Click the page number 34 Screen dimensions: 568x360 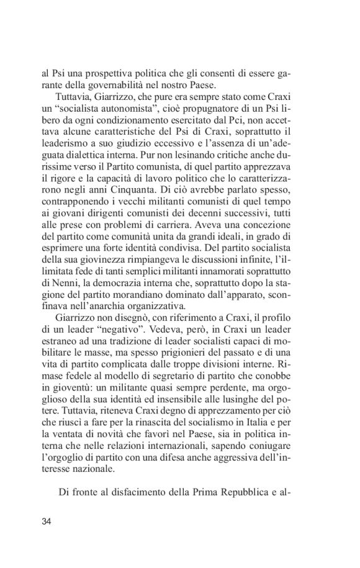(46, 520)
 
